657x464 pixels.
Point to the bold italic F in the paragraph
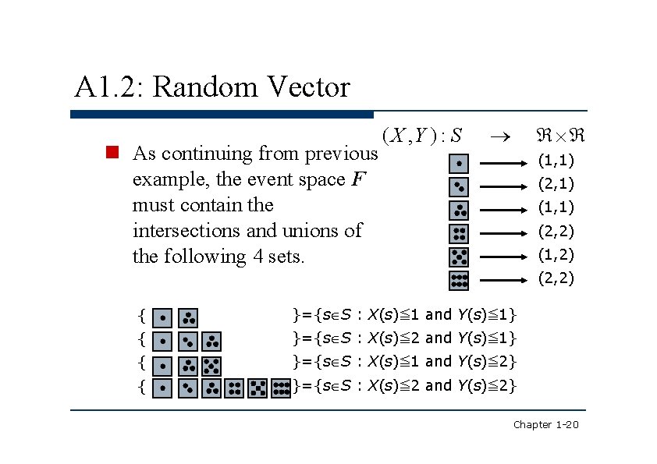(x=358, y=179)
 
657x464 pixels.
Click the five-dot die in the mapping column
(x=460, y=257)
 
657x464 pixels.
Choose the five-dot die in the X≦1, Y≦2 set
(x=212, y=365)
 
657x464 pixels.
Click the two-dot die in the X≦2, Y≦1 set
(x=187, y=341)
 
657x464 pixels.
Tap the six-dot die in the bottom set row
(x=281, y=388)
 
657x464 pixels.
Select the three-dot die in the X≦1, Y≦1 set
(x=187, y=317)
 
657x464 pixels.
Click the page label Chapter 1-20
(x=545, y=424)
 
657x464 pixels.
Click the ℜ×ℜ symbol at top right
(x=560, y=136)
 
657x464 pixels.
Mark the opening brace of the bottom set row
(x=140, y=386)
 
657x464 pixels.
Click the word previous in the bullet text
(x=340, y=154)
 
